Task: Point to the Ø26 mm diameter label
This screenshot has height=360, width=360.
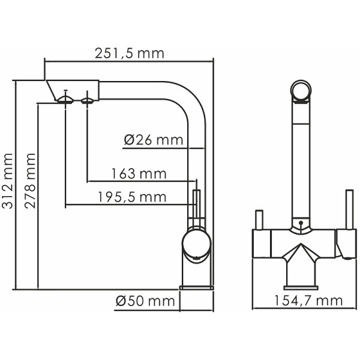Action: click(x=153, y=140)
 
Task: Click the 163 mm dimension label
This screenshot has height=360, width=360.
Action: click(x=139, y=174)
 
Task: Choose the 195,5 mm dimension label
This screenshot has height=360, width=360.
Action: click(x=131, y=197)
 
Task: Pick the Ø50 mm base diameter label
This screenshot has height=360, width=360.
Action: click(x=145, y=300)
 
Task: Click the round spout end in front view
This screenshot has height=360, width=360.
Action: click(x=300, y=91)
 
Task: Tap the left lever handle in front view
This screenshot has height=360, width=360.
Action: click(x=260, y=220)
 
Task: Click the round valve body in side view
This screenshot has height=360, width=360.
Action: click(x=196, y=246)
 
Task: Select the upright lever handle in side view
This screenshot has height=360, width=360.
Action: click(x=195, y=207)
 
